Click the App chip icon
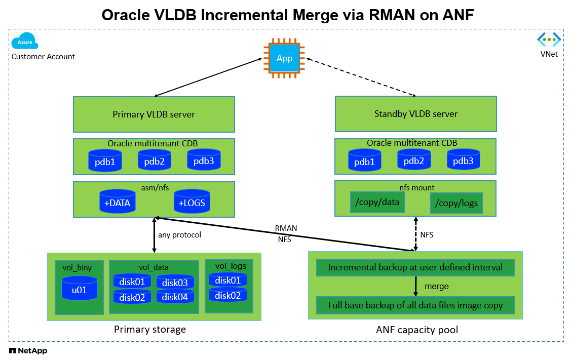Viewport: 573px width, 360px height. click(x=284, y=58)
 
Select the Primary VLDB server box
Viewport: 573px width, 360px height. click(x=154, y=114)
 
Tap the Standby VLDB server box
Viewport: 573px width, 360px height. click(x=416, y=113)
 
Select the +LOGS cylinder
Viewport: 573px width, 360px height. click(x=192, y=201)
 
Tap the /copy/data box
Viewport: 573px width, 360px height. click(x=377, y=202)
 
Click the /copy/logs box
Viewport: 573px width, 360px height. click(x=456, y=203)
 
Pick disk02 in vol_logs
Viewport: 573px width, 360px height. click(x=228, y=295)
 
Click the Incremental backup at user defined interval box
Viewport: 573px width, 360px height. click(x=415, y=267)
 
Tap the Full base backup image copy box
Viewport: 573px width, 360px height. click(x=415, y=305)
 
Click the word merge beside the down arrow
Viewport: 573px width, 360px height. click(x=437, y=286)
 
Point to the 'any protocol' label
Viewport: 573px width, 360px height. click(x=180, y=234)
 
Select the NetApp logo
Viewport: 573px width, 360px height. click(x=28, y=351)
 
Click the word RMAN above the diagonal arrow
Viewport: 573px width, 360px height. click(x=286, y=228)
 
